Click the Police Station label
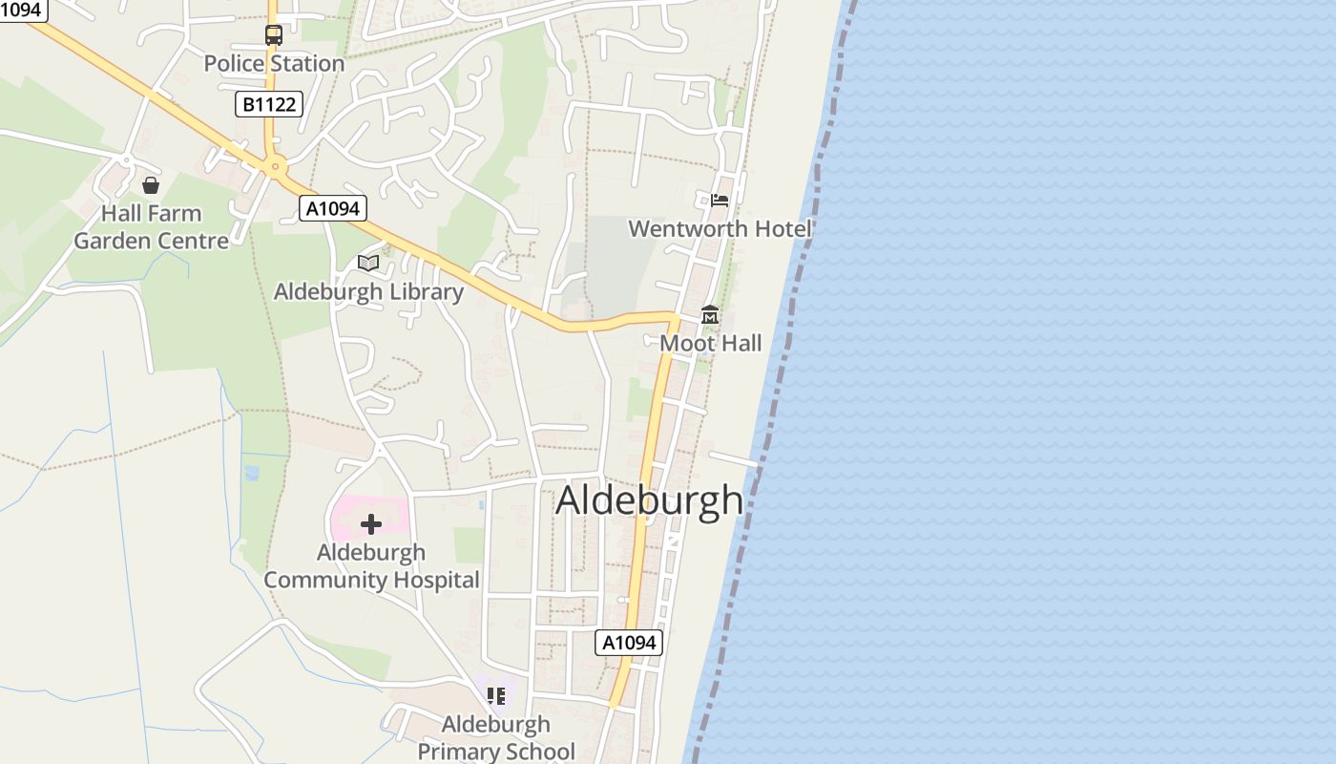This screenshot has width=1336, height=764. (274, 64)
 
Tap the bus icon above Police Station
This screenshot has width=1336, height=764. (274, 35)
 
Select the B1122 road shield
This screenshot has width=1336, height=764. (269, 104)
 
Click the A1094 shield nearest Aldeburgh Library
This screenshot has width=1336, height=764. (333, 208)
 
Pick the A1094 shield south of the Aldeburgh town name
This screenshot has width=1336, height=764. (629, 643)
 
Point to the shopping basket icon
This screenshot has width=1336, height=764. (150, 184)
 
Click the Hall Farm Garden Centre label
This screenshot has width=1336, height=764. (152, 227)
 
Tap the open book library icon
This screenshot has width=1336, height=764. (368, 263)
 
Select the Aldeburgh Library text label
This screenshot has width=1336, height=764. (368, 292)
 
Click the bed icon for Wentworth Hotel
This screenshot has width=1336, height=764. (720, 200)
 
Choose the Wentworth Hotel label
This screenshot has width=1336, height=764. (720, 229)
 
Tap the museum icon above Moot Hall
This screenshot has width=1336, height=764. (710, 315)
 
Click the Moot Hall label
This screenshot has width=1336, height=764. (711, 343)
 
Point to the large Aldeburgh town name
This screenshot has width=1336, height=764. (649, 500)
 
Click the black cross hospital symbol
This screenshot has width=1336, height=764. (371, 524)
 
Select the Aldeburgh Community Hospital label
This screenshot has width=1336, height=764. (371, 566)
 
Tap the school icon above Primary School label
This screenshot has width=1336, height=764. (496, 696)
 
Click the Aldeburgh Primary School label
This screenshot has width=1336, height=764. (496, 738)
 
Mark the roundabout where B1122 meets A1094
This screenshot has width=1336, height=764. (276, 167)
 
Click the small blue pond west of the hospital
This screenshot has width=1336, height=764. (252, 472)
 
